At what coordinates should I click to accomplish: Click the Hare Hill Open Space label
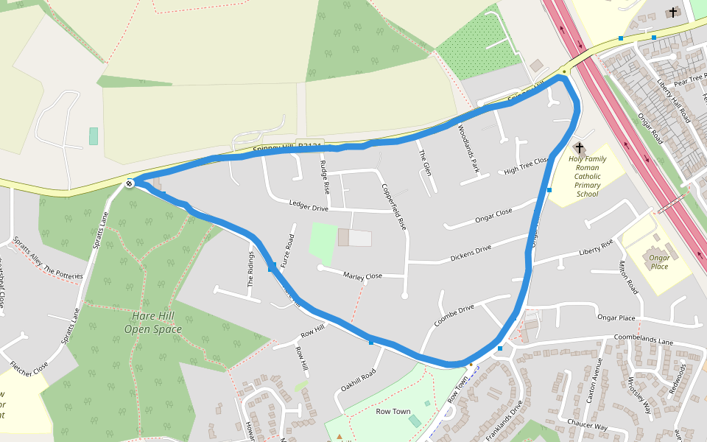coord(156,322)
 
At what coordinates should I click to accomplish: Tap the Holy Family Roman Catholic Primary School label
coord(588,176)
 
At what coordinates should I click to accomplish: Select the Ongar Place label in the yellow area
coord(658,262)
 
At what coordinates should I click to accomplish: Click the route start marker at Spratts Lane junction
coord(130,183)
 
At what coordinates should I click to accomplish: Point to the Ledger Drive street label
coord(309,207)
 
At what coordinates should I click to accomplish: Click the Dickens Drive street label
coord(471,253)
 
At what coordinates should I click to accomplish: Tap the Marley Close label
coord(362,276)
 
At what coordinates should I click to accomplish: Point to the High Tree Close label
coord(527,166)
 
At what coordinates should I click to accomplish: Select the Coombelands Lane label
coord(645,343)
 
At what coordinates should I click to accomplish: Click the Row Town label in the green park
coord(393,411)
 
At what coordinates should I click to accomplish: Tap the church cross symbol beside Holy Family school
coord(580,147)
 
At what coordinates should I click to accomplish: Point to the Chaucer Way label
coord(587,427)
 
